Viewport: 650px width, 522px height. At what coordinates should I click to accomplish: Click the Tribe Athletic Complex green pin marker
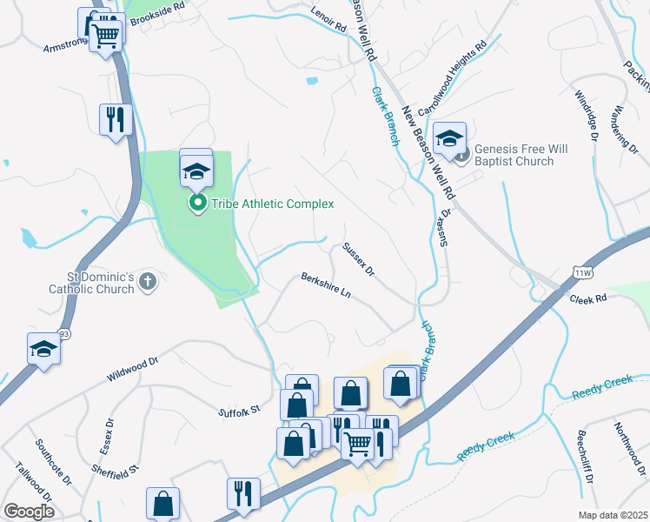197,204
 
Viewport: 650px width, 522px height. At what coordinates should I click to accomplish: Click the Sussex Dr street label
357,260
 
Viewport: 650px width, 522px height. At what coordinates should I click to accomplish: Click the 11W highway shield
581,273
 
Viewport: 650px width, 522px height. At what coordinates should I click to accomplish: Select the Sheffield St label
116,469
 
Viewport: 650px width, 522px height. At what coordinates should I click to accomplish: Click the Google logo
29,512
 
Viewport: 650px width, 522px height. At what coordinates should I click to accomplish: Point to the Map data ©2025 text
613,515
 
